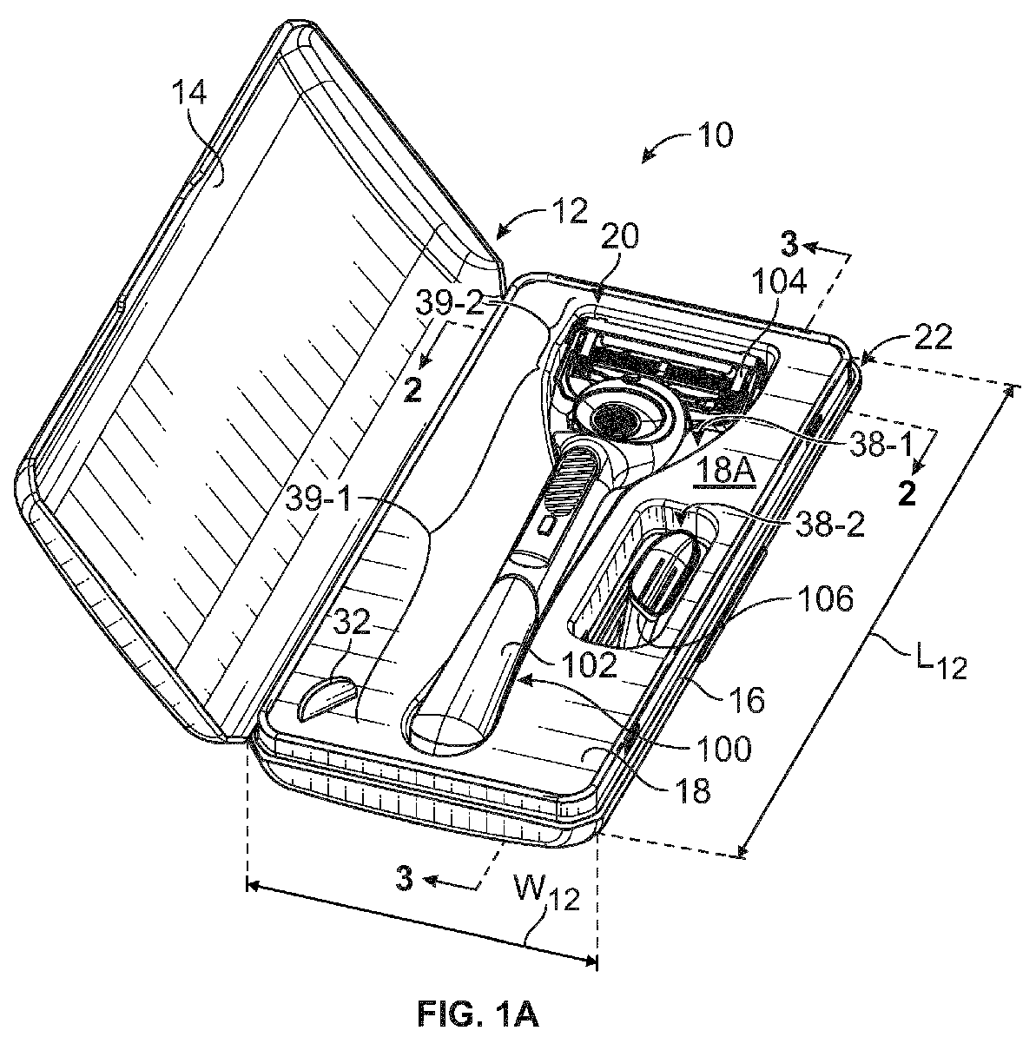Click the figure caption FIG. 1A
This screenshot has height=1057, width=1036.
coord(478,1014)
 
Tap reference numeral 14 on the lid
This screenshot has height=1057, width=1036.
coord(190,92)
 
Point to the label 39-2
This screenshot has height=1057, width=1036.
coord(451,303)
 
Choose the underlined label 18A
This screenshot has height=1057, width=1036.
coord(724,471)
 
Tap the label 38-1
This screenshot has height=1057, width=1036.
coord(881,446)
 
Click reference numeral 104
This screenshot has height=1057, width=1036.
coord(779,281)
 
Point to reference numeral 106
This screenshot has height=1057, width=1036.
coord(825,598)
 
